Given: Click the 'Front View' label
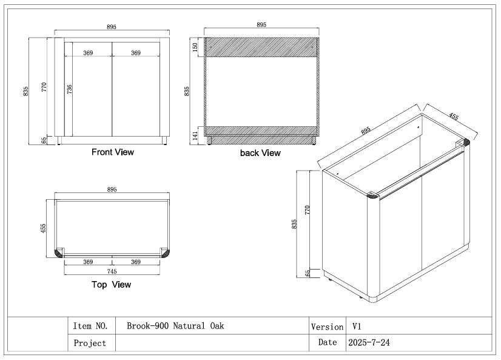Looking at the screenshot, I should (x=113, y=152).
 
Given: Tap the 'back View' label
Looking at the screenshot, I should (x=260, y=153).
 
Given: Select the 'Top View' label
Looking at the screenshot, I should (x=111, y=284).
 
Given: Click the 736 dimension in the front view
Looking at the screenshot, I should (x=69, y=89).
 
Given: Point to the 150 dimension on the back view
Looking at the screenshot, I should (x=195, y=47).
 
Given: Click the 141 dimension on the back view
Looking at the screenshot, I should (x=195, y=135).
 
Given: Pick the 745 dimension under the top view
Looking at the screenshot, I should (x=112, y=271).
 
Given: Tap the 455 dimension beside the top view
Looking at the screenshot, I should (x=43, y=228).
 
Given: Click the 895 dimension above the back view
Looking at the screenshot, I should (x=261, y=25).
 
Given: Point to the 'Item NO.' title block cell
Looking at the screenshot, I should (x=90, y=326).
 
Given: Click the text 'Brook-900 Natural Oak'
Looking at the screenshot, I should (x=175, y=326).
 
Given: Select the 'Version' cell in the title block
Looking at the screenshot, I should (x=327, y=327).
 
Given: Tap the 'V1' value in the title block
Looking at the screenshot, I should (x=356, y=327).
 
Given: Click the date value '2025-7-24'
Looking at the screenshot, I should (x=369, y=342).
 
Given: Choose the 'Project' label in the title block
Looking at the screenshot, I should (x=90, y=343).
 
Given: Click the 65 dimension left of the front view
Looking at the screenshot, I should (x=44, y=140).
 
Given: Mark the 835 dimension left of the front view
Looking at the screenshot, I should (x=26, y=90).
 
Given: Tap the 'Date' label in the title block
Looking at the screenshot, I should (x=327, y=342).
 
